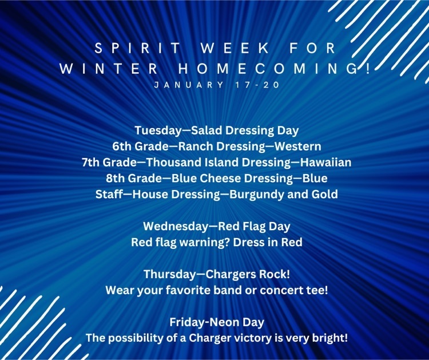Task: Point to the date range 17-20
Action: pos(257,85)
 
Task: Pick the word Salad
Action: pos(206,130)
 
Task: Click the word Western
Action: pos(297,146)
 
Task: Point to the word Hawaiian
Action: pos(325,162)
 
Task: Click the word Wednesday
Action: pos(176,227)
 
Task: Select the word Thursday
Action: pos(169,275)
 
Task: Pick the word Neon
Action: pos(221,322)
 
